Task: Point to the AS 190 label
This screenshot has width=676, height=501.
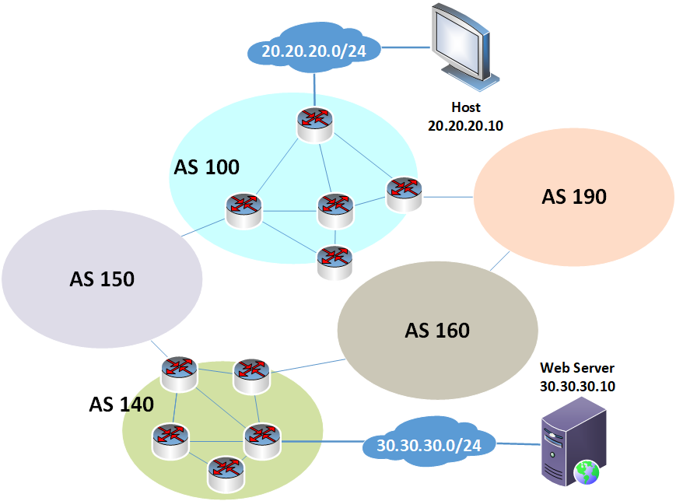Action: click(573, 197)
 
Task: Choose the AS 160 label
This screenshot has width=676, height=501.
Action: click(437, 331)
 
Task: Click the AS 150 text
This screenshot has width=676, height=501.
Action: click(102, 278)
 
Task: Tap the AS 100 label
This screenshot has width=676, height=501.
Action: click(206, 166)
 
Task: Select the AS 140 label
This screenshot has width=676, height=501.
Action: click(121, 405)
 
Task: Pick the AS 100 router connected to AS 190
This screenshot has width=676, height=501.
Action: click(405, 192)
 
